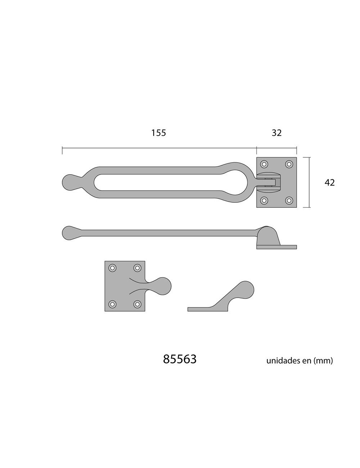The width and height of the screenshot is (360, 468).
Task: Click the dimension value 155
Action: coord(158,133)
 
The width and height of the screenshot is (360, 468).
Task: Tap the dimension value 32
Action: coord(276,133)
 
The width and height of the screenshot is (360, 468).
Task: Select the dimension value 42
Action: coord(330,183)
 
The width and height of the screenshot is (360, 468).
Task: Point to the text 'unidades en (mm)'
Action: coord(300,360)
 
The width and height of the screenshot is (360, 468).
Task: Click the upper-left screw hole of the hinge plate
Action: coord(264,164)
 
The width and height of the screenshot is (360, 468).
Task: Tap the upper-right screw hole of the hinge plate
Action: coord(289,164)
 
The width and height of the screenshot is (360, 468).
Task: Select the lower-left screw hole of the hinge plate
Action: coord(264,201)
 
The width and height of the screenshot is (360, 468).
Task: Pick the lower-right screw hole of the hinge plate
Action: coord(289,201)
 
